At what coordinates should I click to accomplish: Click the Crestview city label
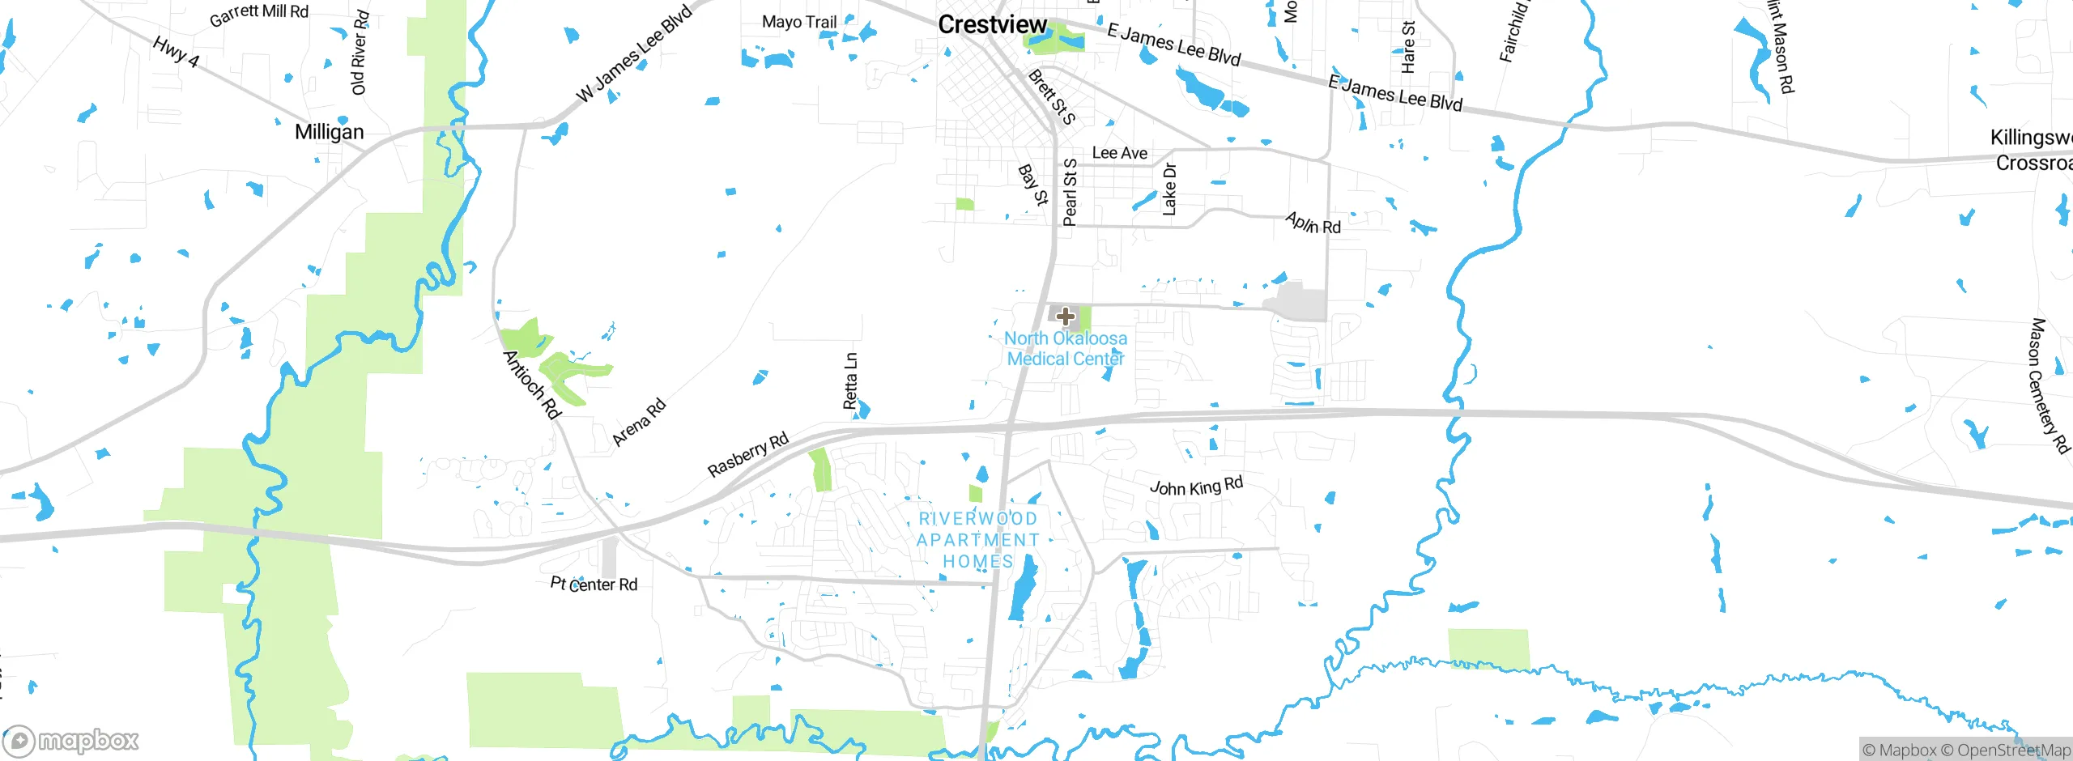(x=992, y=25)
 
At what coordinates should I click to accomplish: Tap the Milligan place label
(x=329, y=132)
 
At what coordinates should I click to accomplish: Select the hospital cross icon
(x=1066, y=317)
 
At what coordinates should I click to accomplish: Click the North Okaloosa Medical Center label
(x=1066, y=349)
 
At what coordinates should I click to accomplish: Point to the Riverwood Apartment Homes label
(x=978, y=540)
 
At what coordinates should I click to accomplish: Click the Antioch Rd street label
(x=532, y=385)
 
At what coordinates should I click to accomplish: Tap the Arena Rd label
(x=639, y=422)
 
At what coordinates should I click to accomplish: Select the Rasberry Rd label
(x=747, y=455)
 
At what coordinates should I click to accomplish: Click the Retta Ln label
(x=850, y=380)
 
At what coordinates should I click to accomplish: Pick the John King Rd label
(x=1196, y=487)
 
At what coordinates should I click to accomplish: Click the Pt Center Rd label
(x=594, y=584)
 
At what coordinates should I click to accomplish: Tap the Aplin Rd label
(x=1313, y=223)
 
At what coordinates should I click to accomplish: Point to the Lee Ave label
(x=1119, y=153)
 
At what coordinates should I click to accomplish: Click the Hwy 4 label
(x=176, y=51)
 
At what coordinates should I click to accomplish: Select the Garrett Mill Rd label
(x=259, y=14)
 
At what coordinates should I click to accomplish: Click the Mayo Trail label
(x=798, y=22)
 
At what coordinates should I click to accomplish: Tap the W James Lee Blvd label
(x=634, y=54)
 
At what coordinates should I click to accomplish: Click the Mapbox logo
(x=71, y=740)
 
